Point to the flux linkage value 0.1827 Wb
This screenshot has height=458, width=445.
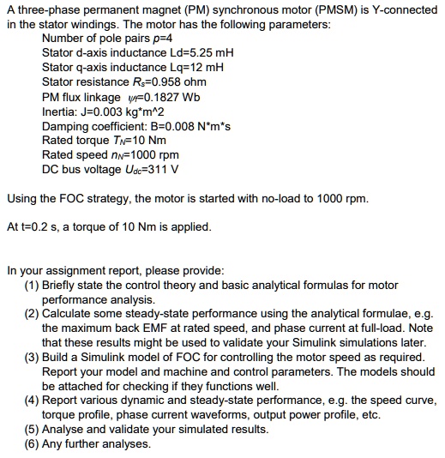(x=164, y=96)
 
